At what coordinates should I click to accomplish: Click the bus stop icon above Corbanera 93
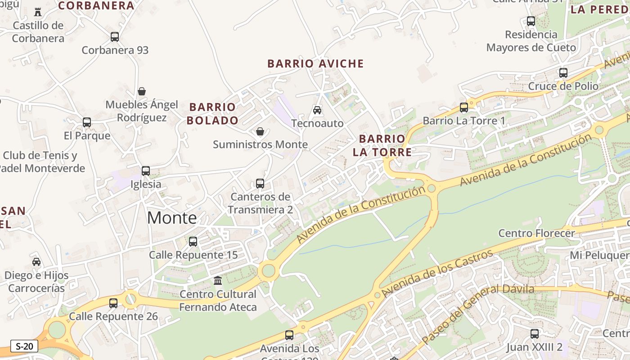(x=115, y=37)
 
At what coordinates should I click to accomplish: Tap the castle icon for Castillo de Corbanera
(x=38, y=12)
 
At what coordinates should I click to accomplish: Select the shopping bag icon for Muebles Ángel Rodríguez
(x=142, y=91)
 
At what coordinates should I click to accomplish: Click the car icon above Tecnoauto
(x=317, y=110)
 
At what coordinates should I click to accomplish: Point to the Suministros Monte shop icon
(x=260, y=131)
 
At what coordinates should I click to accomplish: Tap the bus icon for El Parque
(x=87, y=122)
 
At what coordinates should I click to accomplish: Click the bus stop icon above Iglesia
(x=146, y=171)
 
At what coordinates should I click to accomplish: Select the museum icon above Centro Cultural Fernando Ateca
(x=218, y=281)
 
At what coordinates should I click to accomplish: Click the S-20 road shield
(x=24, y=346)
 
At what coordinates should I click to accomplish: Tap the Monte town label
(x=172, y=218)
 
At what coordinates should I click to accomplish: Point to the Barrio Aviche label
(x=315, y=63)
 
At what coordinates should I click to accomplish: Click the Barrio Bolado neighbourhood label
(x=212, y=113)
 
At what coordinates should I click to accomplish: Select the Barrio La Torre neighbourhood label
(x=382, y=145)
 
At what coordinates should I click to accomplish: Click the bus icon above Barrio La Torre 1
(x=464, y=108)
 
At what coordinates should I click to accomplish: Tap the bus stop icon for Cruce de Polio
(x=563, y=72)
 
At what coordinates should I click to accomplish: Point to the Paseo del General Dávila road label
(x=478, y=315)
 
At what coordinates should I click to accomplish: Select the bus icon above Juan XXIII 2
(x=534, y=334)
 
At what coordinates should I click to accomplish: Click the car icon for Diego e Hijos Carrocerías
(x=36, y=262)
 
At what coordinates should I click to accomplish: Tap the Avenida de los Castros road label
(x=438, y=274)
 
